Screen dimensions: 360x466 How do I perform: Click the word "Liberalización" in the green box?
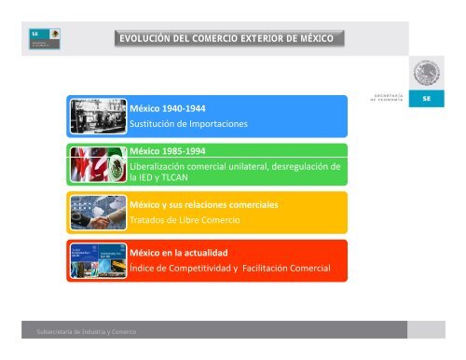160,164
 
